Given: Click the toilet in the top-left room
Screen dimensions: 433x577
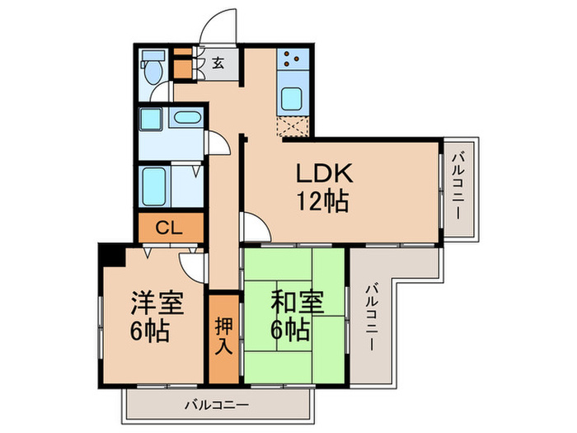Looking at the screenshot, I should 150,69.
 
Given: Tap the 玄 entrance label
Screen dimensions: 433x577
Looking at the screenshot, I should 218,63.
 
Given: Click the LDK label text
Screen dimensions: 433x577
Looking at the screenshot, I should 325,175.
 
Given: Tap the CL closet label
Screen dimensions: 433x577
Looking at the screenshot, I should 170,228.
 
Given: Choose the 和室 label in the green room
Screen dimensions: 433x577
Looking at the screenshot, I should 292,301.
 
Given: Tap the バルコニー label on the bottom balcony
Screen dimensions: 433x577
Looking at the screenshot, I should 216,405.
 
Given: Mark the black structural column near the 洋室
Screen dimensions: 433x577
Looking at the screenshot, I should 110,254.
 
